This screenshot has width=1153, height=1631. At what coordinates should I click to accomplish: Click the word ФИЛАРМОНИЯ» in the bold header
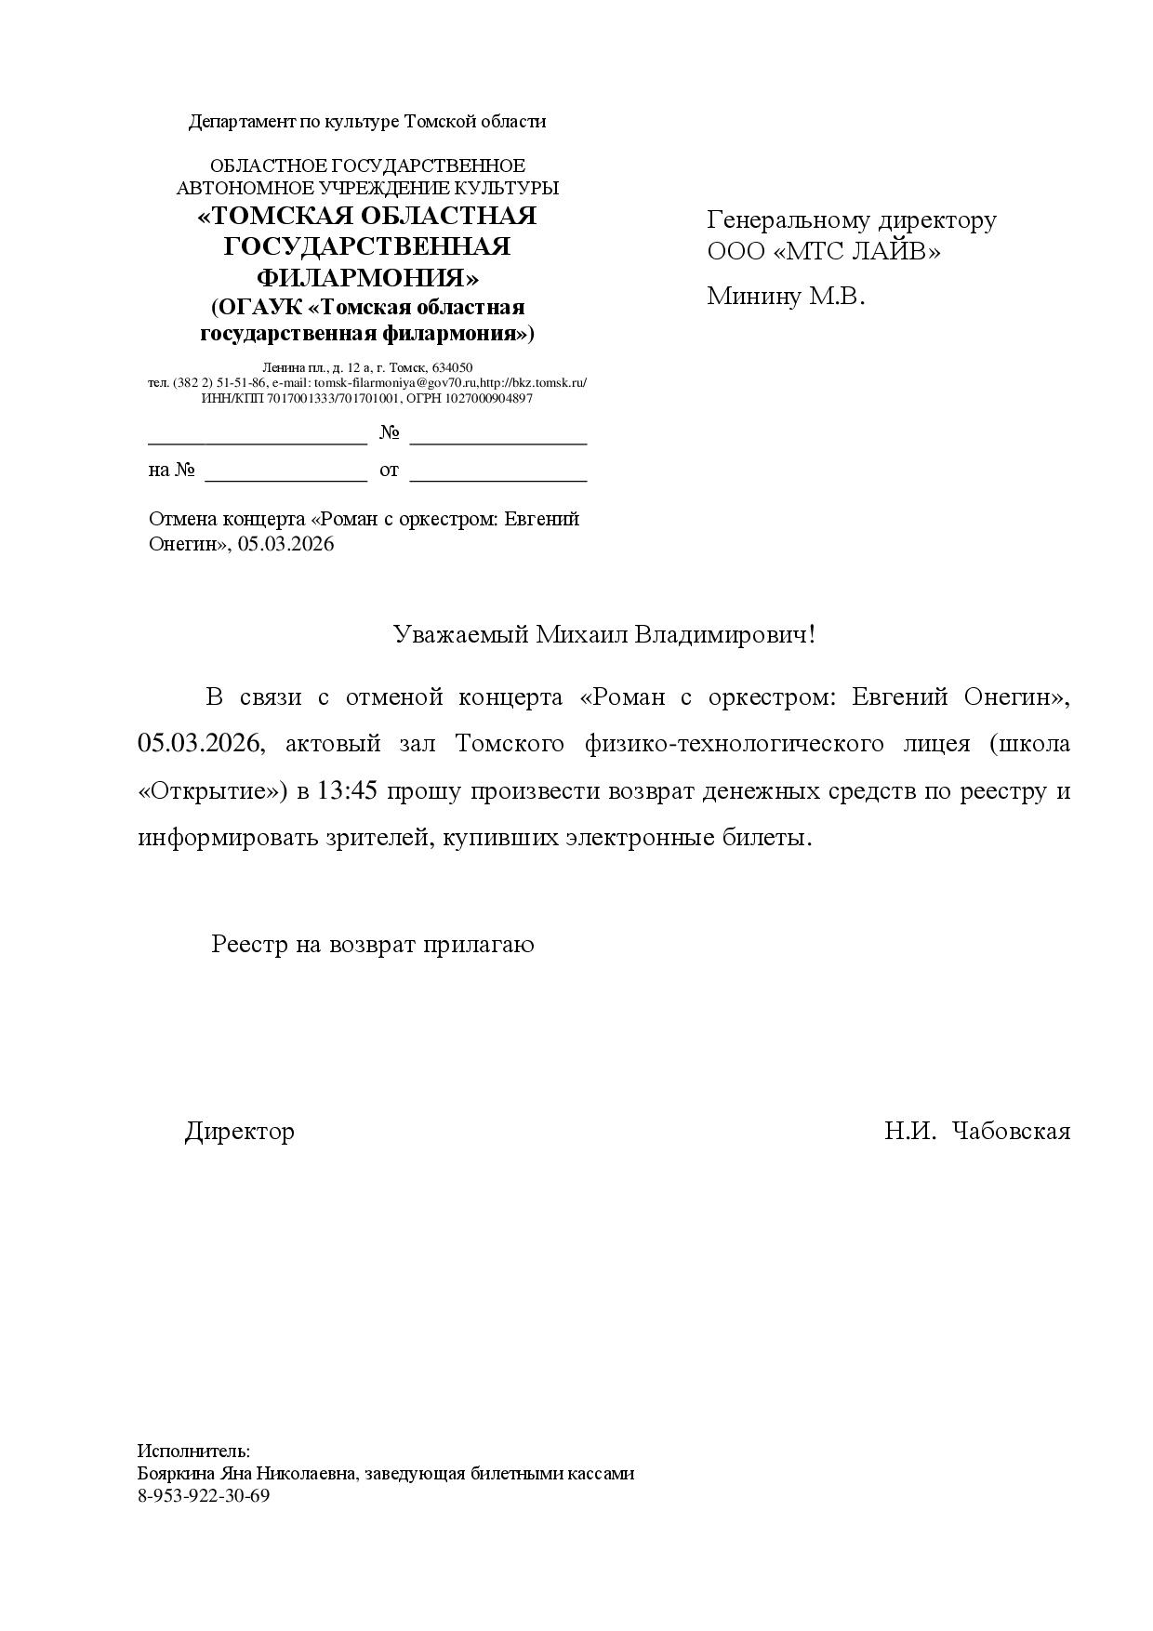367,278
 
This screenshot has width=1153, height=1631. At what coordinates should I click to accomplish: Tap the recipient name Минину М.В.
786,296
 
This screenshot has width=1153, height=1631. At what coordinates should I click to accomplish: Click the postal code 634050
452,367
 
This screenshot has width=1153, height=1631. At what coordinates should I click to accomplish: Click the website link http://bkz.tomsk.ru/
533,383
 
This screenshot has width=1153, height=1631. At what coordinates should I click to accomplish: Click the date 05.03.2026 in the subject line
285,545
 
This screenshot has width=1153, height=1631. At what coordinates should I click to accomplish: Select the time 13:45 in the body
347,791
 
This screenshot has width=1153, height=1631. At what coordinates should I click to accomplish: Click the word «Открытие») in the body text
213,791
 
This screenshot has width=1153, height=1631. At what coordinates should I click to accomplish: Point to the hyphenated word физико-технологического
734,744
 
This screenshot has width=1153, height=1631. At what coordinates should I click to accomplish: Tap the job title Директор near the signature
240,1132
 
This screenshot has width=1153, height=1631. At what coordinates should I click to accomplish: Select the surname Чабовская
1012,1132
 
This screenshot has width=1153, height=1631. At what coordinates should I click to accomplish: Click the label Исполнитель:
194,1452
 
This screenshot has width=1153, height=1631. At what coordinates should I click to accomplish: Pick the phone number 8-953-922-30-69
204,1496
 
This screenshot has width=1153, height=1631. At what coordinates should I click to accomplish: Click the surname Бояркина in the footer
176,1474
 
